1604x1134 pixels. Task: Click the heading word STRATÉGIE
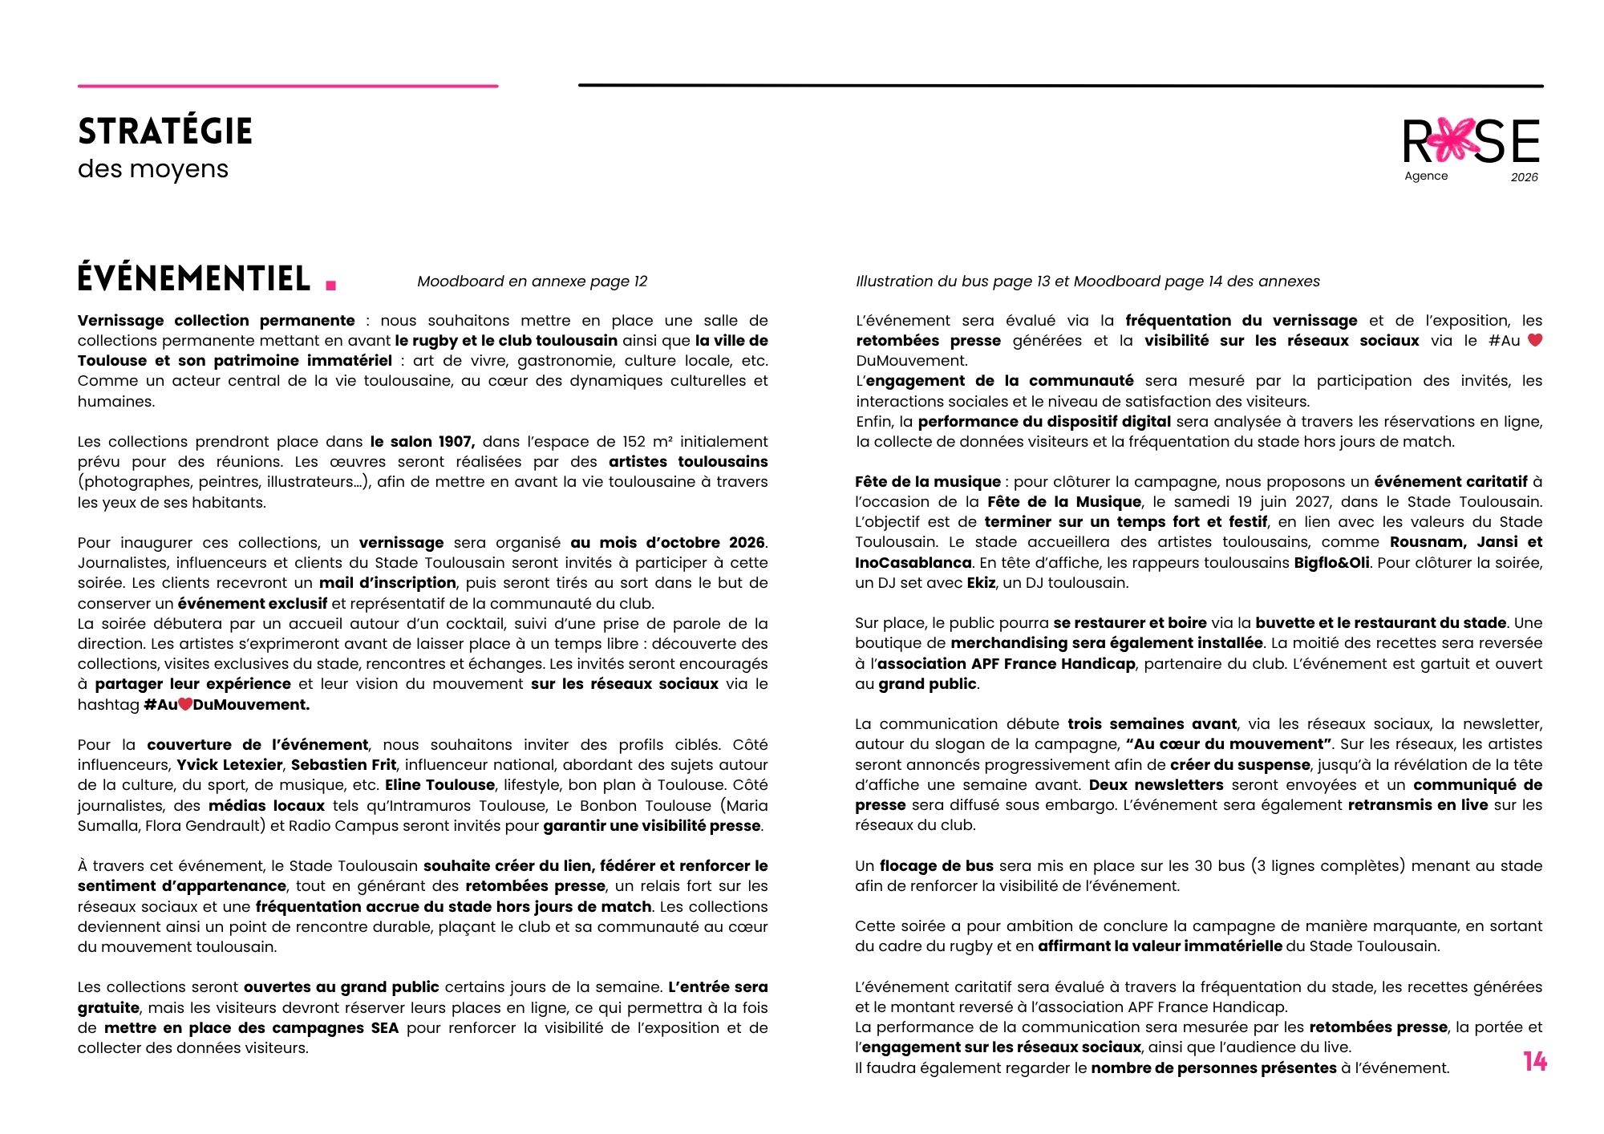165,132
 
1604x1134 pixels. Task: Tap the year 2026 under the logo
1524,177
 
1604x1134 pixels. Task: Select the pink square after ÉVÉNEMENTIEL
331,284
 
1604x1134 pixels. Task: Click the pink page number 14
1535,1062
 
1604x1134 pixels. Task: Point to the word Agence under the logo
1426,176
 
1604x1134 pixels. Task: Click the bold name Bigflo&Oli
1331,562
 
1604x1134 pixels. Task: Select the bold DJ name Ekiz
981,583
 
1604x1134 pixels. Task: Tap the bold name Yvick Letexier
229,764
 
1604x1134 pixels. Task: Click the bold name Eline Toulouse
439,784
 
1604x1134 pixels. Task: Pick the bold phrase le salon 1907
422,441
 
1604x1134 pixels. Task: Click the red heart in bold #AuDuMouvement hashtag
185,704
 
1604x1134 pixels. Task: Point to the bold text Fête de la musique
927,482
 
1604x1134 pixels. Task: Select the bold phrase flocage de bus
936,865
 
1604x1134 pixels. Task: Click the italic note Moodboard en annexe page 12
532,281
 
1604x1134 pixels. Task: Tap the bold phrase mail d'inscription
387,582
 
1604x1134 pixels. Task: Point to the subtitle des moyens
153,169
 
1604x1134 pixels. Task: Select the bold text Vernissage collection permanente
217,321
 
